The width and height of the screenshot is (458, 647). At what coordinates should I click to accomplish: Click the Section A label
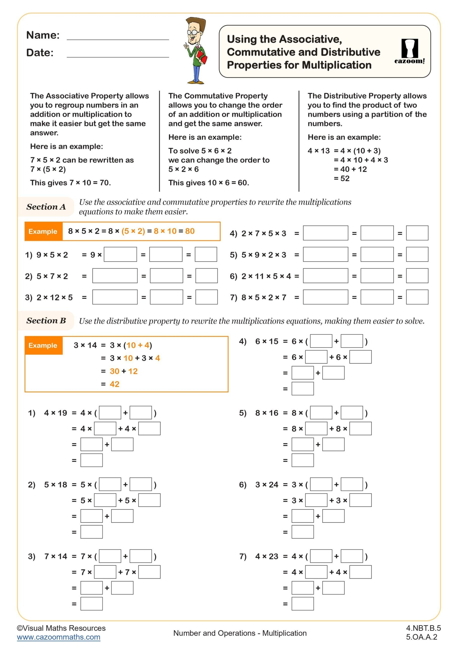tap(46, 206)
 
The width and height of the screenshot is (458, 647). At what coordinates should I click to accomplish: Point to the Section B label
tap(46, 320)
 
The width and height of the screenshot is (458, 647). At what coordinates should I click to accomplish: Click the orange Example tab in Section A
tap(43, 231)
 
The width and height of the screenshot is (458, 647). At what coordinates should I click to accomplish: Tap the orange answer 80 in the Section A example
tap(190, 231)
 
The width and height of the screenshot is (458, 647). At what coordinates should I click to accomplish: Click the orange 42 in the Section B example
tap(114, 384)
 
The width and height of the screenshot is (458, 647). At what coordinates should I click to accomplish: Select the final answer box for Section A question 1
tap(206, 255)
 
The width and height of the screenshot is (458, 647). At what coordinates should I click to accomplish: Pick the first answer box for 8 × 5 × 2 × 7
tap(325, 297)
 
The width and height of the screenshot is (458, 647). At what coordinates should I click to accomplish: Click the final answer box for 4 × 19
tap(91, 460)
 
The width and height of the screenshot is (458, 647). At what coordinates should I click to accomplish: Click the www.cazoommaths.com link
tap(58, 637)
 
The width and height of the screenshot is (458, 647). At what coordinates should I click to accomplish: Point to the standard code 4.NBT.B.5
tap(423, 628)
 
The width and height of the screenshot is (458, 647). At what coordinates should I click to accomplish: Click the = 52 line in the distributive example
tap(341, 178)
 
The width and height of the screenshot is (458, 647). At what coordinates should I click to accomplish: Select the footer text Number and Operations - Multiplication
tap(240, 633)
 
